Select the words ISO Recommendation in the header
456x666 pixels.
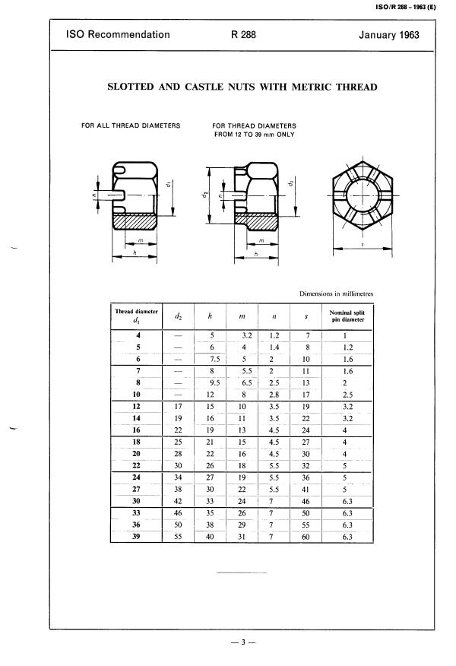(x=118, y=35)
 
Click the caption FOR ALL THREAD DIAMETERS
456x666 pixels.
(x=131, y=125)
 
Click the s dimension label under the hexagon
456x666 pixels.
(x=363, y=245)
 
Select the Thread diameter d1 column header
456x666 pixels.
(x=136, y=316)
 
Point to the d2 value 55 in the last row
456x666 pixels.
(x=177, y=537)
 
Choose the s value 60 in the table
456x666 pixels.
(x=305, y=537)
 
